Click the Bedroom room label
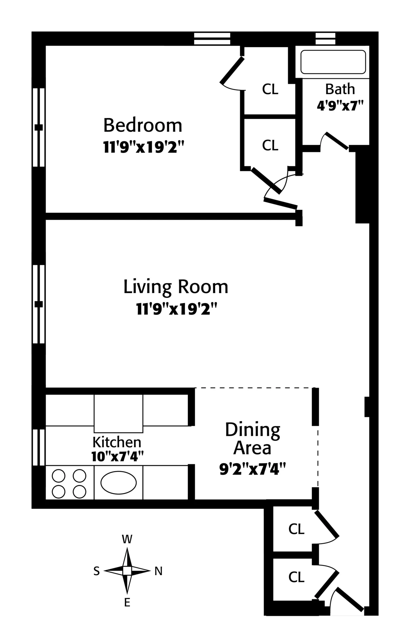coord(143,126)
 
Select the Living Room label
coord(176,287)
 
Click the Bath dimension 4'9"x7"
coord(340,106)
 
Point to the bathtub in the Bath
coord(333,62)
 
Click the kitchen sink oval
coord(119,482)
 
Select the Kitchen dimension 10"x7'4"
coord(117,457)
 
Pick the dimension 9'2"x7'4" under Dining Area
coord(253,470)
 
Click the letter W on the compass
coord(127,539)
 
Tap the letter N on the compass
coord(158,571)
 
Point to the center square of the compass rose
coord(127,571)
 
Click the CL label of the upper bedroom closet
coord(270,90)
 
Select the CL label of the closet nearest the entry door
coord(296,577)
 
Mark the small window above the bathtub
coord(325,38)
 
